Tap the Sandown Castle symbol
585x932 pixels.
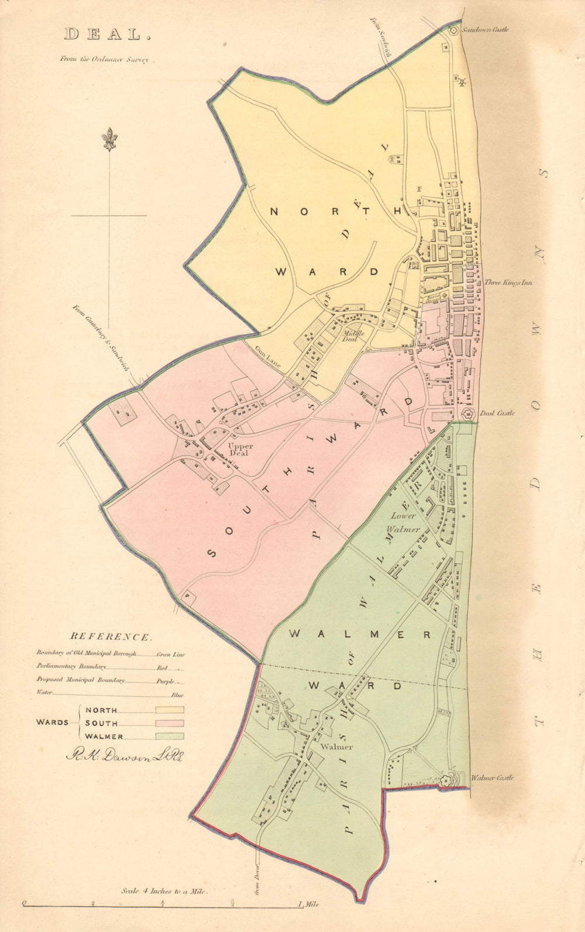[452, 30]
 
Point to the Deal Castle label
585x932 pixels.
[497, 413]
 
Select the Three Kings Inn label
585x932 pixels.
[508, 283]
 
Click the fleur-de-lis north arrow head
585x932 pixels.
[109, 139]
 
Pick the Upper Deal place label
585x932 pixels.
[241, 450]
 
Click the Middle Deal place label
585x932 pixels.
[354, 335]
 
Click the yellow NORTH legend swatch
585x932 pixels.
[170, 710]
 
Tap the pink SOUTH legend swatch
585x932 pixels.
[170, 723]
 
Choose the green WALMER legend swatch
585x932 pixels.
[170, 736]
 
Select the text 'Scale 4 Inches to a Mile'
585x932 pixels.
[164, 892]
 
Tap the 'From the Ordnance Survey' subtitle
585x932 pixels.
[105, 59]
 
